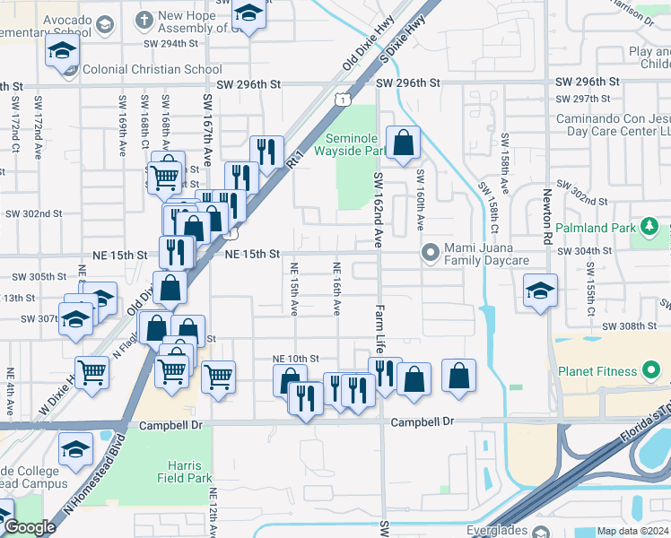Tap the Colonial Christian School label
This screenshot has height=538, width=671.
(152, 69)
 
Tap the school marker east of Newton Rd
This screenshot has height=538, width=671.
(540, 291)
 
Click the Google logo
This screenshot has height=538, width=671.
(30, 526)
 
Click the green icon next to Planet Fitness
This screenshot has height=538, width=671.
(652, 371)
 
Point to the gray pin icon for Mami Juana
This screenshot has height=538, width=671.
(431, 253)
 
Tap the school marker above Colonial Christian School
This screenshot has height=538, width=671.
(63, 51)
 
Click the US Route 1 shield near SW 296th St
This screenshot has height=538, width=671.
(343, 100)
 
